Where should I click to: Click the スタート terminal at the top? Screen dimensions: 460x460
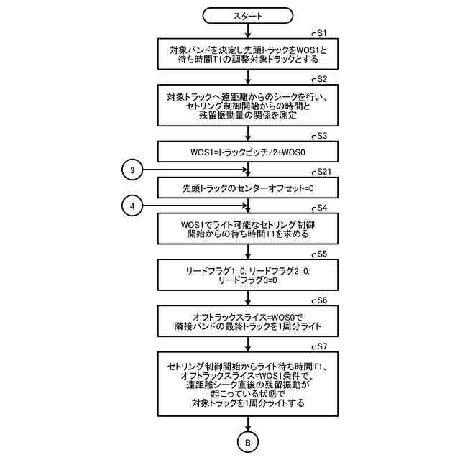tap(248, 14)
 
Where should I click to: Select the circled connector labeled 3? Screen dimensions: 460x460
tap(132, 170)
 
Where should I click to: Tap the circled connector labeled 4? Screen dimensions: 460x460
tap(132, 206)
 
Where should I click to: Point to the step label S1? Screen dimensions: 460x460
tap(322, 33)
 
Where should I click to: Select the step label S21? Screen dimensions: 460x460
tap(324, 172)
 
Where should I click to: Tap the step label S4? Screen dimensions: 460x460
tap(322, 208)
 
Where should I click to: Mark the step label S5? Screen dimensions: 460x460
tap(322, 254)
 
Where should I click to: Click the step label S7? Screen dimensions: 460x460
tap(322, 346)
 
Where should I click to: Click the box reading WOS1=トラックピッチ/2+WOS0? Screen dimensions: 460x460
tap(248, 152)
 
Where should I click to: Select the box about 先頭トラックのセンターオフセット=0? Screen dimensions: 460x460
tap(248, 188)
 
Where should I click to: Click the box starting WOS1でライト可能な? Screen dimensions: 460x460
tap(248, 229)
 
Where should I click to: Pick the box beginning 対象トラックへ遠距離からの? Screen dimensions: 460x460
tap(248, 106)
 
